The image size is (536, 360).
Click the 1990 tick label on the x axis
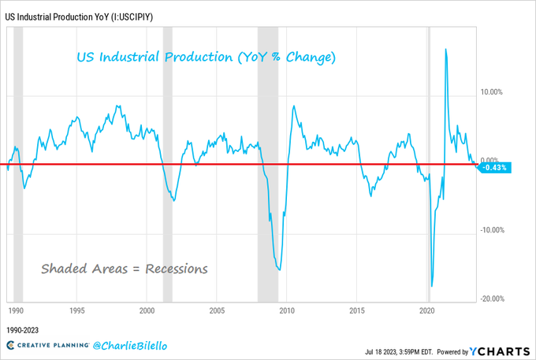15,311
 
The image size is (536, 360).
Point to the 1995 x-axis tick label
77,311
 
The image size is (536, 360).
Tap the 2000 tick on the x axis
147,311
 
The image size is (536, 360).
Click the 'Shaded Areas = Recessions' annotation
125,269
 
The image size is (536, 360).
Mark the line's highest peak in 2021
446,50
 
